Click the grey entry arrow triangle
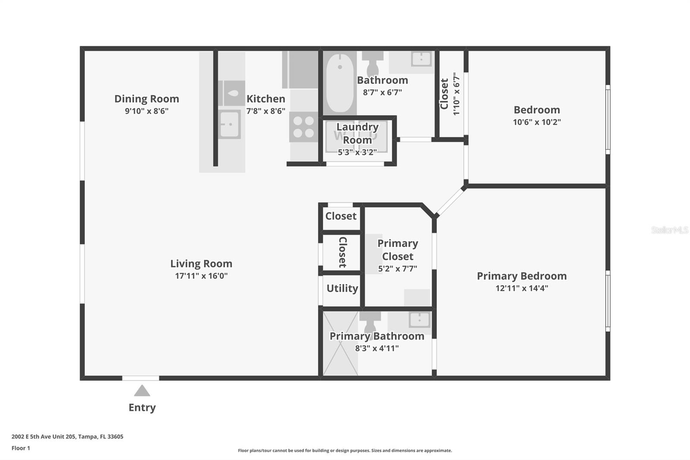[142, 391]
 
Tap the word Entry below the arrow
[142, 408]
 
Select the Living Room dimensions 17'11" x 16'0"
[201, 276]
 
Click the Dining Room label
[147, 99]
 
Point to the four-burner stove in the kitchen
[304, 127]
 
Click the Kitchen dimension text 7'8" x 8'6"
[266, 111]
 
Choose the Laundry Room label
[358, 133]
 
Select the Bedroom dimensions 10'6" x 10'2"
[536, 122]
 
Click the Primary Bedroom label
[521, 276]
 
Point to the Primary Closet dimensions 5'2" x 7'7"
[397, 268]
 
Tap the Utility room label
[342, 288]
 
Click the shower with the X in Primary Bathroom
[340, 343]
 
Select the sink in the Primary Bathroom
[419, 319]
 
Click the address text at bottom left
[67, 437]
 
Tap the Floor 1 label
[21, 448]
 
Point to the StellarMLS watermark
[670, 230]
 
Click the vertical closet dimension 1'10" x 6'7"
[456, 94]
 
